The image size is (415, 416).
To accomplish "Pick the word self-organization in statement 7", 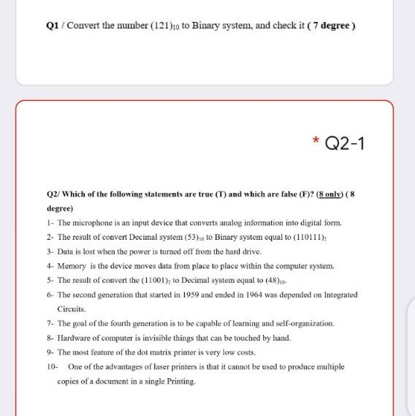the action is tap(302, 323).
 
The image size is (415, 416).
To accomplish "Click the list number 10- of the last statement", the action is tap(50, 366).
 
